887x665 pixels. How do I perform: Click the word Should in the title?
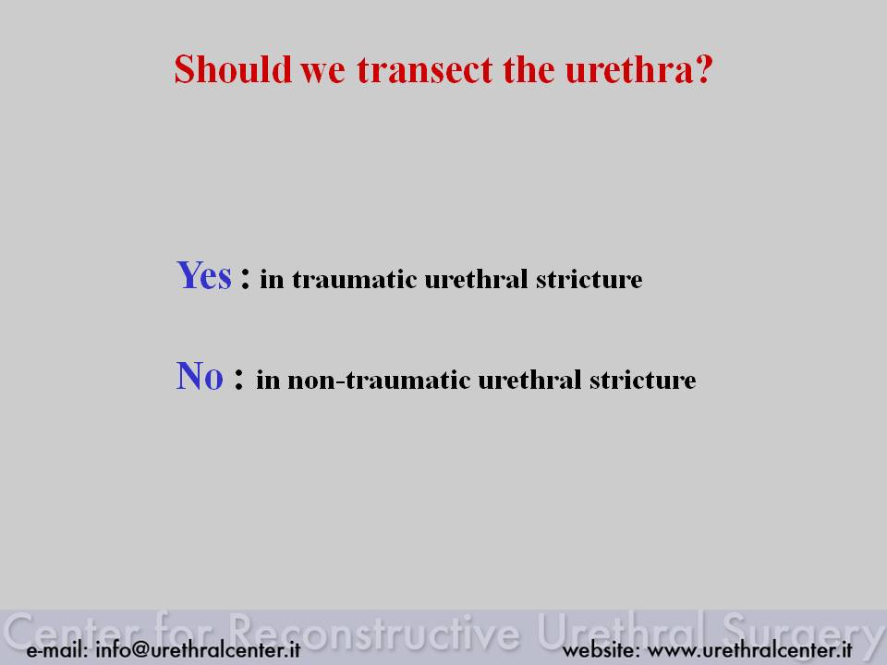click(233, 69)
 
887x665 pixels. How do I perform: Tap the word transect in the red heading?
click(424, 70)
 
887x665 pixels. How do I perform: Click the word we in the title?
click(322, 73)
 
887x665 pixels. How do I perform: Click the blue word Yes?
click(203, 275)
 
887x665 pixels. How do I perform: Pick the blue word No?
click(200, 376)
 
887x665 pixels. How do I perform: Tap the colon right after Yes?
click(245, 278)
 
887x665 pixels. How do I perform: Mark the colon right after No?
click(238, 379)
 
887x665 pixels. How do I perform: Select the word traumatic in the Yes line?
click(354, 279)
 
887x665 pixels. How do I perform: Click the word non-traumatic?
click(379, 380)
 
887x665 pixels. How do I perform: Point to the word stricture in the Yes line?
click(589, 279)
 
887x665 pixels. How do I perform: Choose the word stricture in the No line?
click(643, 380)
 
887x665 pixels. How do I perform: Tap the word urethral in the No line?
click(529, 380)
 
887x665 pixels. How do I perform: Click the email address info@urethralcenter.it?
click(198, 649)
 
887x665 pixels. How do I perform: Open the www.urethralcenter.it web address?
click(749, 649)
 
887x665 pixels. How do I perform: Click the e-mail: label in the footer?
click(57, 649)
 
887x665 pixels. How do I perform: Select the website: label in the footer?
click(601, 649)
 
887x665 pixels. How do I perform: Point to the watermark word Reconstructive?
click(374, 631)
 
